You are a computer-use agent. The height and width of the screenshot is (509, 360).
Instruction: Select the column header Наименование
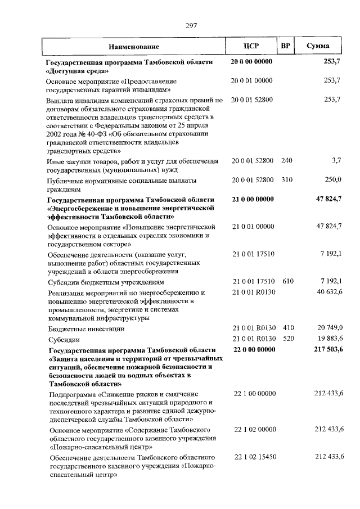click(x=134, y=46)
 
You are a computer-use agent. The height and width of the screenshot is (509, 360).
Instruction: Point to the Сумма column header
click(x=318, y=46)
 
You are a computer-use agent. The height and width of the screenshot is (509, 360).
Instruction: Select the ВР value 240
click(x=286, y=161)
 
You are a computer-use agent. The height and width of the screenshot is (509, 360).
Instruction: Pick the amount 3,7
click(x=336, y=161)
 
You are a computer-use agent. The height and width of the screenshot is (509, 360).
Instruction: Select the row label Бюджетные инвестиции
click(x=85, y=328)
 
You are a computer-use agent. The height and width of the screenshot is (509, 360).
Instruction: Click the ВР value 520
click(x=287, y=339)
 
